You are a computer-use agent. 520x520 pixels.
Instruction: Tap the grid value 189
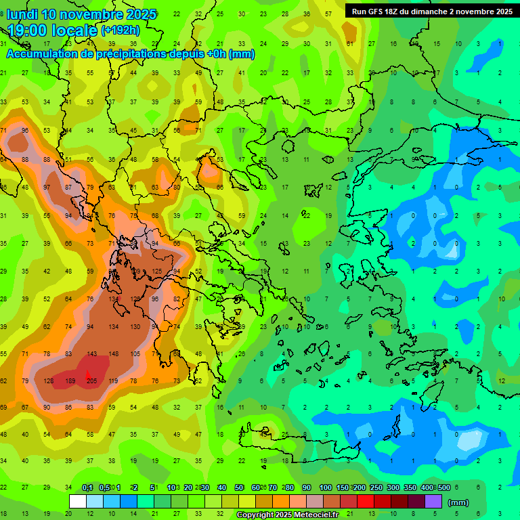click(70, 381)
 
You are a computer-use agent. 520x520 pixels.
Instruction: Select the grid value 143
click(91, 354)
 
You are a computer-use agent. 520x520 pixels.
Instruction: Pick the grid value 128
click(48, 381)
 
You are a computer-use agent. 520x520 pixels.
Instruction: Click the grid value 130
click(135, 326)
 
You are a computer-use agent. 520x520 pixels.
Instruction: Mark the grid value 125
click(156, 272)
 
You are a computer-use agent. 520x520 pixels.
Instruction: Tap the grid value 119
click(113, 381)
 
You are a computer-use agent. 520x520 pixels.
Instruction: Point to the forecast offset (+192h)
click(120, 30)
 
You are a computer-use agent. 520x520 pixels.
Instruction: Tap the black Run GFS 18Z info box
click(431, 11)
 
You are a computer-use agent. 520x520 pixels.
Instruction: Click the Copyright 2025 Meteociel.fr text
click(287, 515)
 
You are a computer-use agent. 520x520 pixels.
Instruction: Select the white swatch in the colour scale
click(77, 502)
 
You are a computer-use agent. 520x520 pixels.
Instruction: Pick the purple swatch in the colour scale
click(433, 502)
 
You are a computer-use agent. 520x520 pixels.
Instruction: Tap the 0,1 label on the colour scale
click(87, 487)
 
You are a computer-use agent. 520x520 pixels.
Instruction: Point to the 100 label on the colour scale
click(325, 487)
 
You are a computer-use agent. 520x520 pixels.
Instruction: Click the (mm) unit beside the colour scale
click(458, 502)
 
